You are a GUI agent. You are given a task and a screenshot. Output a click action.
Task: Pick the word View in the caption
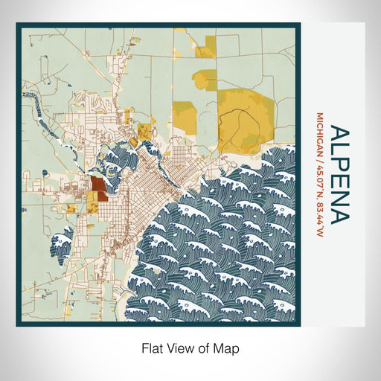[182, 348]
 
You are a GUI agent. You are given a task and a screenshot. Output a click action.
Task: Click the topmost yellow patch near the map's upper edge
[179, 31]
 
